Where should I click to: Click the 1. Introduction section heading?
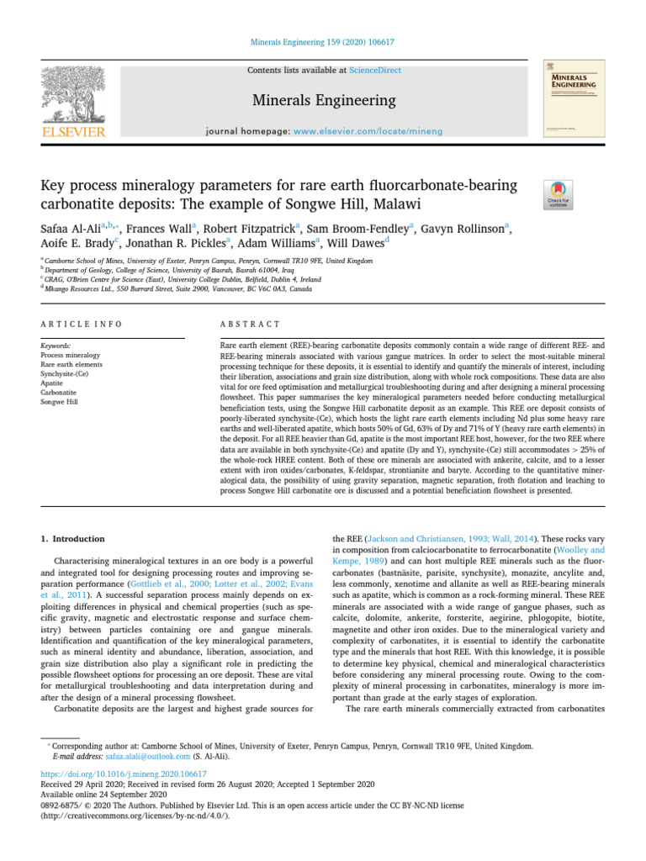tap(72, 539)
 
